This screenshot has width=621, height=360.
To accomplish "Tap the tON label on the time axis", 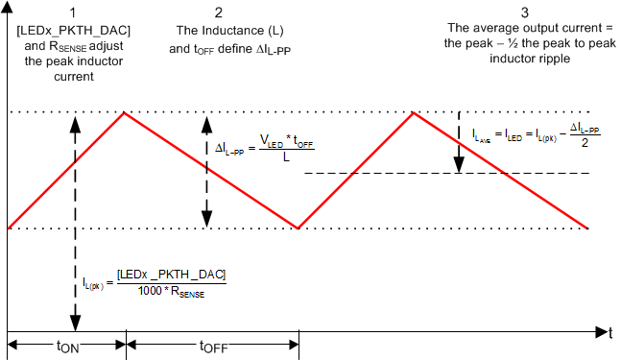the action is tap(65, 347).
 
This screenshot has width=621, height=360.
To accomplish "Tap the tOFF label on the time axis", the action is tap(213, 347).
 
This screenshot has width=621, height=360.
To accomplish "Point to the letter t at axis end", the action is tap(609, 333).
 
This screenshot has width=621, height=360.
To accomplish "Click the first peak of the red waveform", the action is tap(124, 113).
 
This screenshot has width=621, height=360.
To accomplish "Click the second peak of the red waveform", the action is tap(414, 113).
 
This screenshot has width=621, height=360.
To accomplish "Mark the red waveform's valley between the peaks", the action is tap(299, 228).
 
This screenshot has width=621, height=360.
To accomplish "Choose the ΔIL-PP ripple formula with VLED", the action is tap(263, 152).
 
